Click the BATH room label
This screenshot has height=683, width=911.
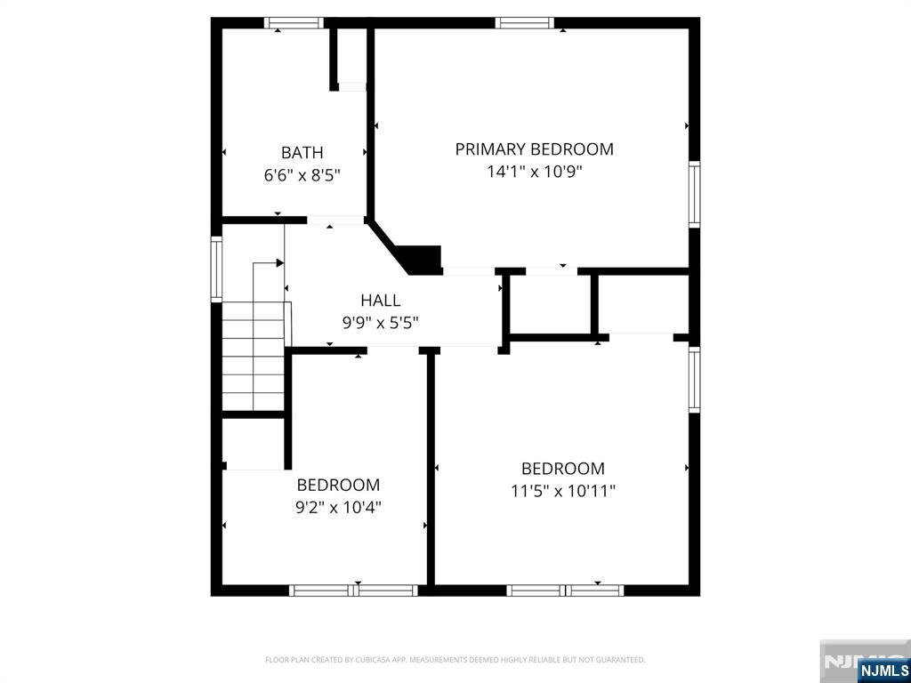302,152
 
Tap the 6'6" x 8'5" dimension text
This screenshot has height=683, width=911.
302,175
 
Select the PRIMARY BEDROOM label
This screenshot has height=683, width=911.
534,149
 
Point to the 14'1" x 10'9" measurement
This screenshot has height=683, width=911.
534,172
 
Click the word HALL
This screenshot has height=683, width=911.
380,301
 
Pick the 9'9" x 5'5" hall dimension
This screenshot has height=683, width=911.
380,323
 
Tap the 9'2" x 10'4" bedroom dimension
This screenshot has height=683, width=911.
338,508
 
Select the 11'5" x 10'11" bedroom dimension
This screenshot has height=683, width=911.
563,490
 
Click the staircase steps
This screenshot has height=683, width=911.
253,356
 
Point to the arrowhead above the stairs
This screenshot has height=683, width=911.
279,263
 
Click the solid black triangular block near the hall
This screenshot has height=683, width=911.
421,259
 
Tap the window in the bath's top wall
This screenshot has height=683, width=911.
294,23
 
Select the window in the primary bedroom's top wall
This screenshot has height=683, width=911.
525,23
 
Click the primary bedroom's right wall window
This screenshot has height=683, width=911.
694,194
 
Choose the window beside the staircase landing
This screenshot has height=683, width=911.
215,268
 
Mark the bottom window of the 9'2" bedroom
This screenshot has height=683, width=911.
354,590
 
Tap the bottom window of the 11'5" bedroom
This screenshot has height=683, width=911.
565,590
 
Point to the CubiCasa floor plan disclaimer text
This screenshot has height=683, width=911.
455,660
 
